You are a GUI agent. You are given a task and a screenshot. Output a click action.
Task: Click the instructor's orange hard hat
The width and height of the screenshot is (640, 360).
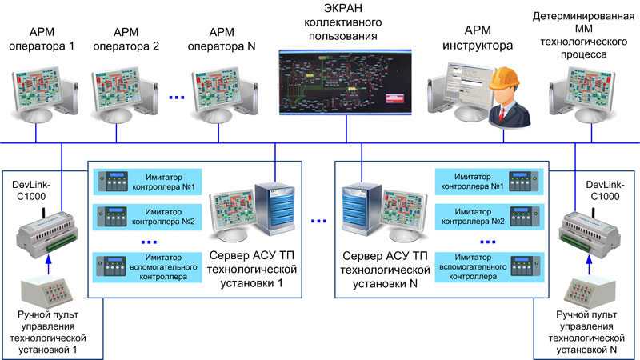click(x=505, y=78)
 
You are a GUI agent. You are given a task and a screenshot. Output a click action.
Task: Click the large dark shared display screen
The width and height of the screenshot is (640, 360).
click(x=346, y=82)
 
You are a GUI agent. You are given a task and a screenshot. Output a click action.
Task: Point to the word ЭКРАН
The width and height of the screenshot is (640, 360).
click(x=343, y=8)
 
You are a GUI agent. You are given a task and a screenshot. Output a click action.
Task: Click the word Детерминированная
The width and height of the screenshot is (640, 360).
click(x=583, y=16)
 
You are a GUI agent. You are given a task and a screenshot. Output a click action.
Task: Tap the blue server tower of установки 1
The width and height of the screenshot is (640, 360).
click(x=274, y=209)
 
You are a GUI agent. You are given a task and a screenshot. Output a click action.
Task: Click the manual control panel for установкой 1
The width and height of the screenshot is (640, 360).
click(x=47, y=294)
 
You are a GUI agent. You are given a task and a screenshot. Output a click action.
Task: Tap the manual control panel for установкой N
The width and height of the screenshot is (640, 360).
click(x=590, y=294)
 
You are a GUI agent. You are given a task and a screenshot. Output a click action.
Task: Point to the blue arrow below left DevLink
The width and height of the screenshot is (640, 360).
click(x=49, y=265)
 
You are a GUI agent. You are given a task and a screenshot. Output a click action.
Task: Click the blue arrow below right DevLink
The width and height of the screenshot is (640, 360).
click(x=589, y=265)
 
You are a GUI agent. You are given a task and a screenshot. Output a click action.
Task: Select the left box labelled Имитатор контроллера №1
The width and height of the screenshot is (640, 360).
click(x=147, y=182)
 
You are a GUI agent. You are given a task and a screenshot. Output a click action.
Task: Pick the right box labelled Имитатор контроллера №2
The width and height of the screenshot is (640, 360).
click(x=490, y=216)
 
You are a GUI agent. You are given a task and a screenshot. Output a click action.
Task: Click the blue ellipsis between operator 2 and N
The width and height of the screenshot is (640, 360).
click(x=177, y=97)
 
